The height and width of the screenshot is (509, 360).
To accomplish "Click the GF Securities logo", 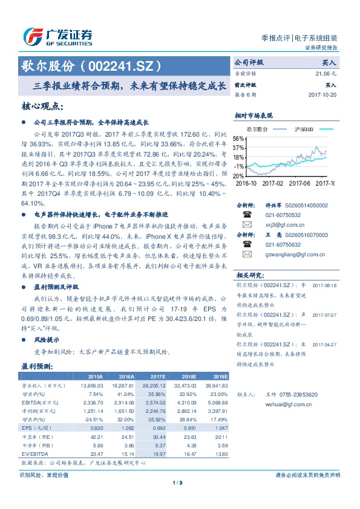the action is point(58,37).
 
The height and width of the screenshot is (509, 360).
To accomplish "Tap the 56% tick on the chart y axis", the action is point(238,138).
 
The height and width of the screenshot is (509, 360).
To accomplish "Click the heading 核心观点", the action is point(42,106).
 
